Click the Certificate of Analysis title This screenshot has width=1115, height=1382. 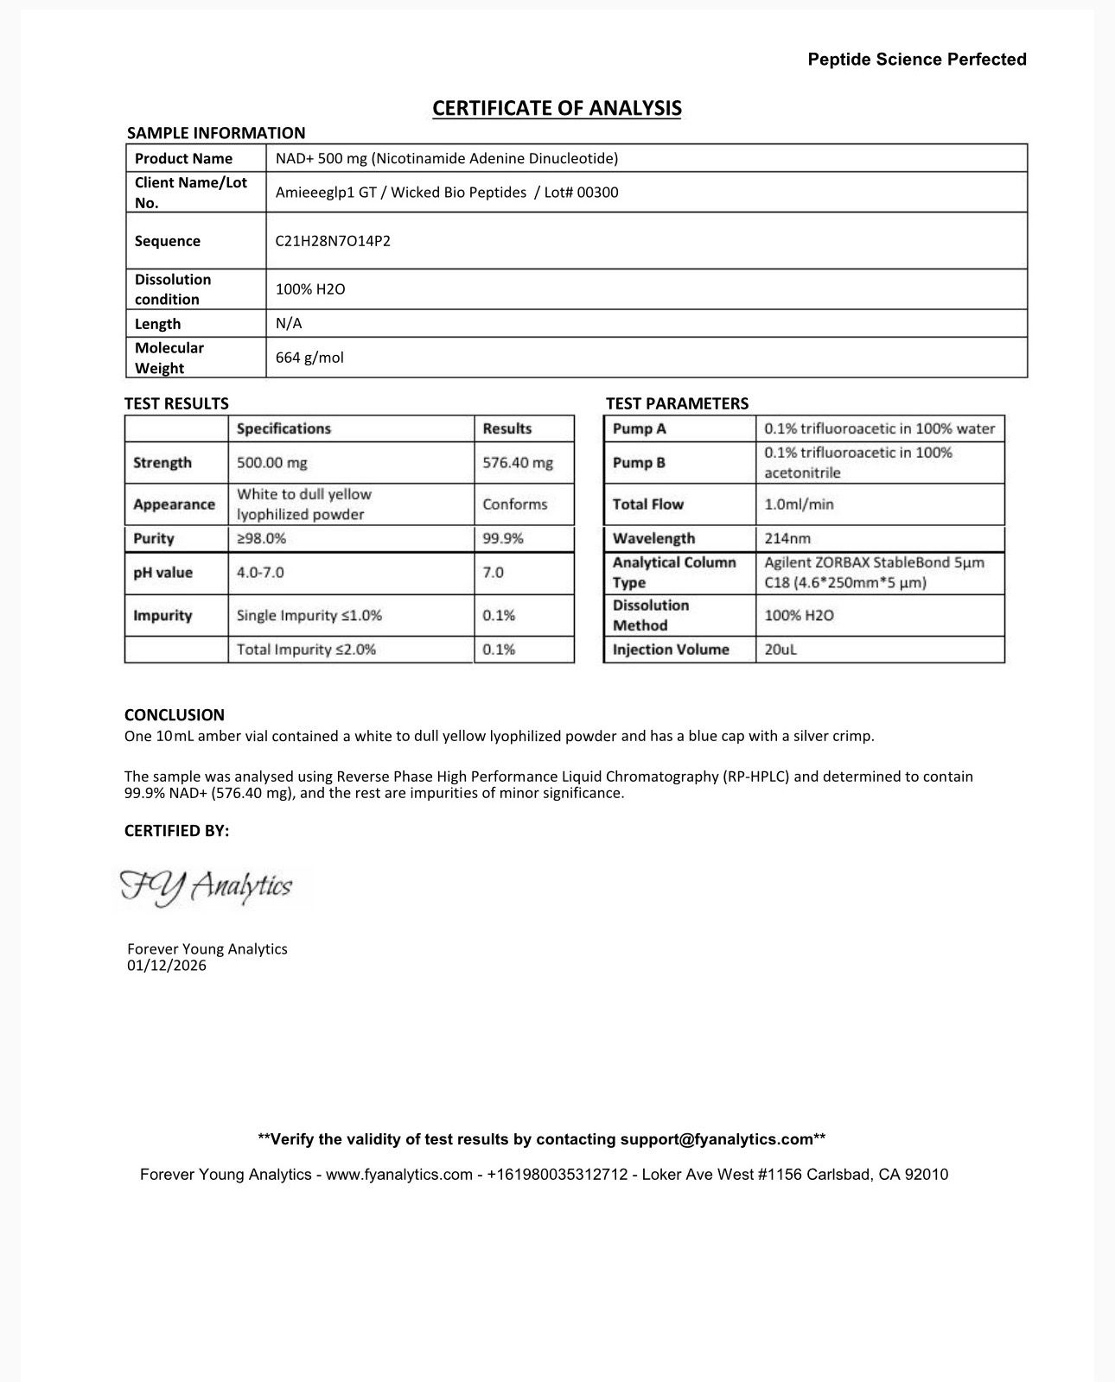coord(557,108)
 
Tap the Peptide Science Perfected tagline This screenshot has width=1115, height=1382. coord(917,60)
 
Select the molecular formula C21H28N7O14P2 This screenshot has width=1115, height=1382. coord(333,241)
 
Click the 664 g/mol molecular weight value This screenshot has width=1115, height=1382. coord(309,358)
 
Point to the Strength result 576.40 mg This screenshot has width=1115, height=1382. coord(517,463)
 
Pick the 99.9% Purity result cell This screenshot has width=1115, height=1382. coord(502,538)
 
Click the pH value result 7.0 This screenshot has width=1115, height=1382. coord(493,573)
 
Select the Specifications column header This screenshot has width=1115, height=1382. coord(284,428)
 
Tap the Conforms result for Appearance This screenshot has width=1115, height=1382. coord(514,504)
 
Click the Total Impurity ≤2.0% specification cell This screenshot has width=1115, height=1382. coord(306,650)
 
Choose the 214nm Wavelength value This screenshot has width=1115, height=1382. coord(787,538)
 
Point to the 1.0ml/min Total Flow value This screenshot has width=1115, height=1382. coord(799,504)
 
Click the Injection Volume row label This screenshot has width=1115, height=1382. coord(671,650)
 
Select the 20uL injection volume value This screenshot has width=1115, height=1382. coord(780,650)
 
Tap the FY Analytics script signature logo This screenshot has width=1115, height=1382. coord(206,887)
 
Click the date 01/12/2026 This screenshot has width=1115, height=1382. coord(167,966)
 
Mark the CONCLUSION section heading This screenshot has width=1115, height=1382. coord(175,715)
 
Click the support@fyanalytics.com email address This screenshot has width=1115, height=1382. coord(717,1139)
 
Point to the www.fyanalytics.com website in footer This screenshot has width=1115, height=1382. coord(398,1175)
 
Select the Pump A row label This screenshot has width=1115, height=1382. coord(639,428)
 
